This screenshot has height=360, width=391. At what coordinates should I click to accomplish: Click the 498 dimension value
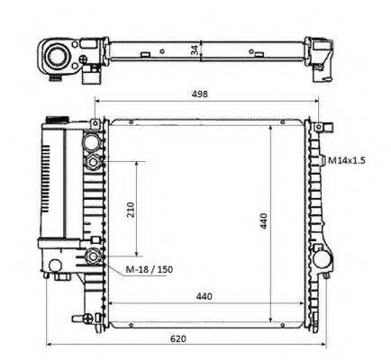point(199,94)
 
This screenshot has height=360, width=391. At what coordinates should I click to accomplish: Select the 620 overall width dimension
point(178,338)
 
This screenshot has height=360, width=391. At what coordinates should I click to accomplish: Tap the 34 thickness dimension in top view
point(195,49)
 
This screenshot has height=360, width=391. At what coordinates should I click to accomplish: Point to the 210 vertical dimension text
point(131,210)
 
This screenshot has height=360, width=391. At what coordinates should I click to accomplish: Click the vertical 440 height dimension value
point(263,220)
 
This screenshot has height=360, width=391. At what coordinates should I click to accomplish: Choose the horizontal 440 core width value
point(204,296)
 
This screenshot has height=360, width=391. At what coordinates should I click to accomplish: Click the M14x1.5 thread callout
point(346,160)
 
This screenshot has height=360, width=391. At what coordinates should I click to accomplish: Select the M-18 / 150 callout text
point(149,269)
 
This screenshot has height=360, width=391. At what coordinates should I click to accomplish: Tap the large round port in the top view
point(56,56)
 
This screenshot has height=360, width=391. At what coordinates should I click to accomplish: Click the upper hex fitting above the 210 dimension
point(93,162)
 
